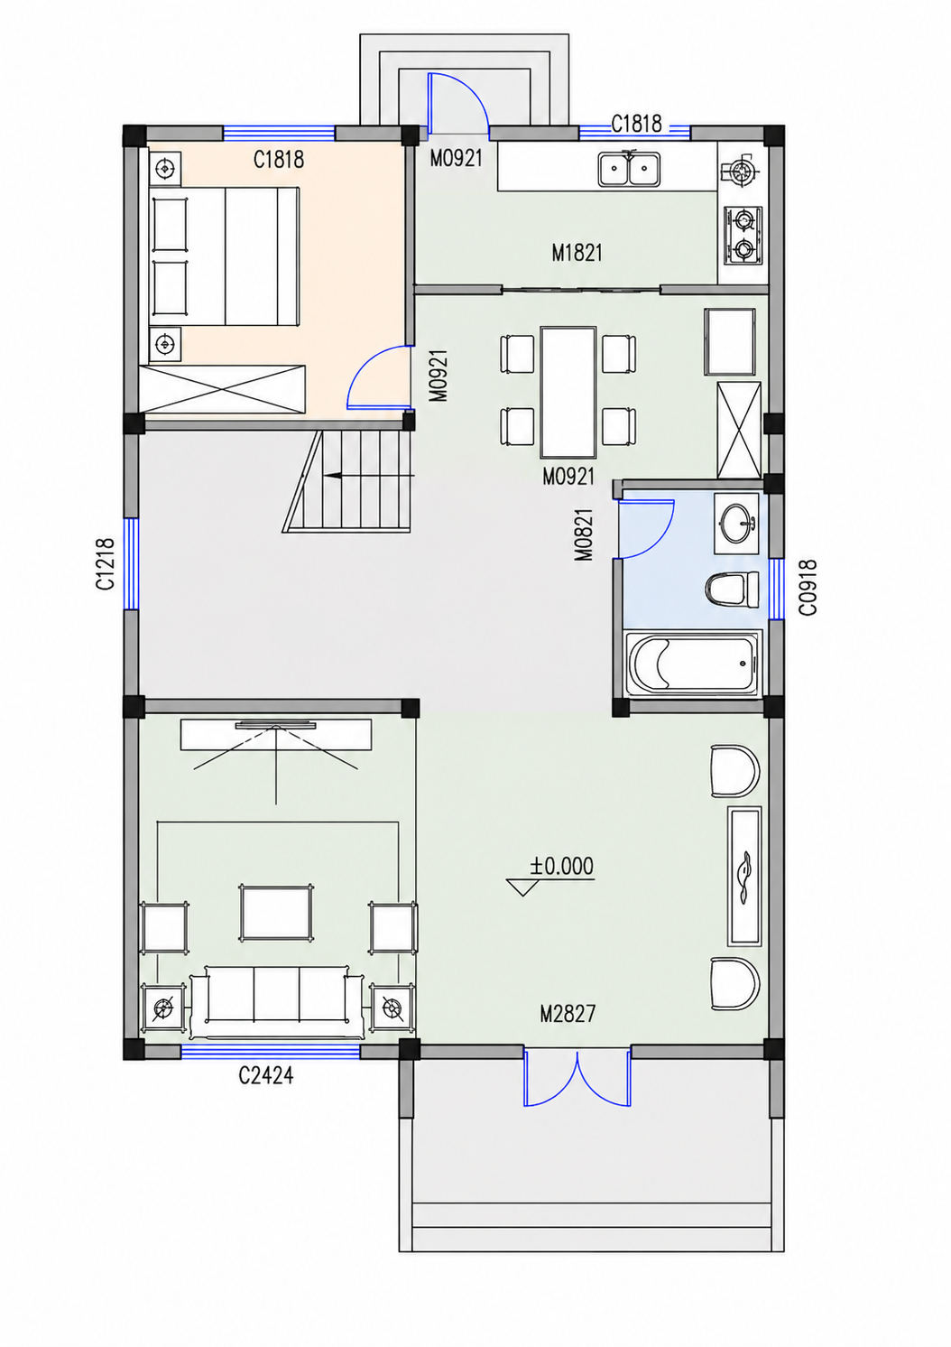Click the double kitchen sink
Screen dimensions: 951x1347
629,168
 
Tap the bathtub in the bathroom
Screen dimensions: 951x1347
693,664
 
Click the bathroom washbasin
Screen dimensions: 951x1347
736,523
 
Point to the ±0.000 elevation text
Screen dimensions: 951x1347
561,867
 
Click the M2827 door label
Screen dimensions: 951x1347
568,1015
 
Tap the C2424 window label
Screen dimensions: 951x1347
265,1076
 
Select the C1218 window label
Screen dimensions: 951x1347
106,564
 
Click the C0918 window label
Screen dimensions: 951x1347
808,588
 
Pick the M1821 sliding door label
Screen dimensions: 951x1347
577,253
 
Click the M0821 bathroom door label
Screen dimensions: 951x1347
584,534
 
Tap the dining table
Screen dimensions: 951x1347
568,392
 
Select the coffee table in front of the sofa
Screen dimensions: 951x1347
276,912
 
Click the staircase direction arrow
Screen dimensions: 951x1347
368,475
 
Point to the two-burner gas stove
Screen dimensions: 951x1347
743,236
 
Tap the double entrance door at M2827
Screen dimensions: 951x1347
577,1078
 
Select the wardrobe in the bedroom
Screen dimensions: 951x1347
223,388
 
